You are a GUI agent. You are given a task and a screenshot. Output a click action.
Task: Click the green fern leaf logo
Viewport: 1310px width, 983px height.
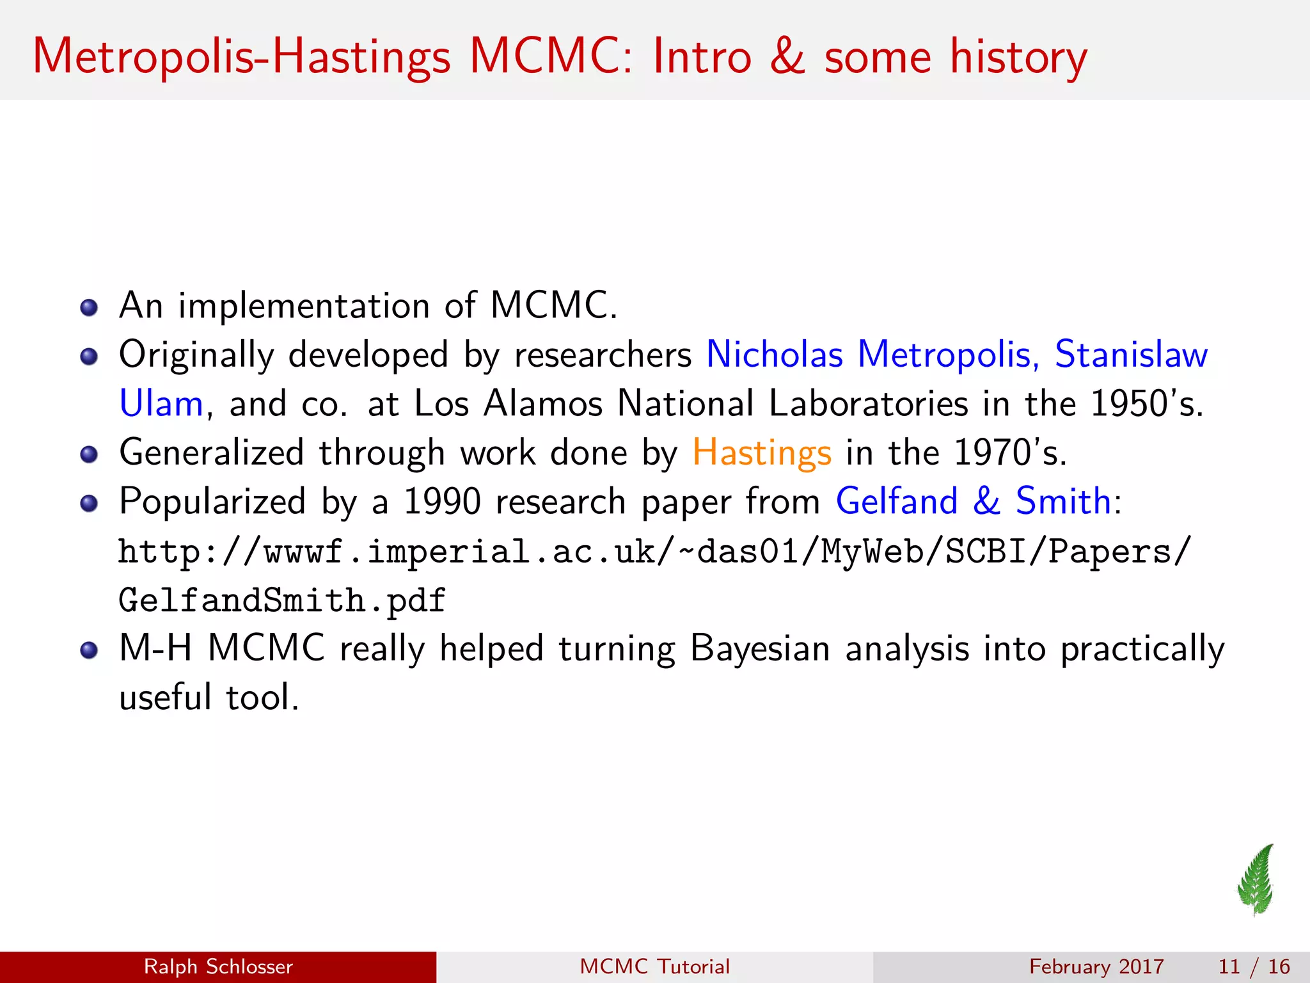[1256, 881]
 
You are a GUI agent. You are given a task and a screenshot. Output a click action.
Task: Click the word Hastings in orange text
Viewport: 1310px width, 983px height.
[762, 453]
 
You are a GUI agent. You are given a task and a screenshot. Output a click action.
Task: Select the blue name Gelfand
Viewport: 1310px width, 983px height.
[897, 501]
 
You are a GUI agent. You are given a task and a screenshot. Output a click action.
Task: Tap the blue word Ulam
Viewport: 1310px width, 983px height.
[161, 404]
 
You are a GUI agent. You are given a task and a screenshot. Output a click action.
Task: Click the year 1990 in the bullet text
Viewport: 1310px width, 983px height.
[442, 501]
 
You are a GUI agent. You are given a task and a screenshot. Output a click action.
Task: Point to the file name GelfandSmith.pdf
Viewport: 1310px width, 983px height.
[282, 601]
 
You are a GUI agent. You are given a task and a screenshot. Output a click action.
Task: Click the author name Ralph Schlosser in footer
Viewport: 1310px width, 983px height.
[218, 966]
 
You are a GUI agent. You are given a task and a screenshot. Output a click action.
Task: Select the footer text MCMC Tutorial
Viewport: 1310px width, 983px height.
[654, 966]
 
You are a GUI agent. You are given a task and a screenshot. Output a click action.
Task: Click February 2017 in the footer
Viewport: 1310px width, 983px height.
[1096, 966]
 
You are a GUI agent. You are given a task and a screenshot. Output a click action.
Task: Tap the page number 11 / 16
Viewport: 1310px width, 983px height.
[1254, 966]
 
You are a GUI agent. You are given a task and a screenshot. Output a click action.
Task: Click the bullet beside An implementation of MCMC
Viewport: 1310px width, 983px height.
[89, 308]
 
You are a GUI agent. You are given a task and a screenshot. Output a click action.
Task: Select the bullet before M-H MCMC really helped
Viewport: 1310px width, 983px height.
[89, 651]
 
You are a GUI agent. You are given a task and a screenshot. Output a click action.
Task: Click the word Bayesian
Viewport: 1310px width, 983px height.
[760, 649]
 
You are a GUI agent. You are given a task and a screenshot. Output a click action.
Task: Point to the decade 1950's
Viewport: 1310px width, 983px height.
[1146, 404]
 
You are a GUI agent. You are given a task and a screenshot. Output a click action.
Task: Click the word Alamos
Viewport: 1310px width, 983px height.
[543, 404]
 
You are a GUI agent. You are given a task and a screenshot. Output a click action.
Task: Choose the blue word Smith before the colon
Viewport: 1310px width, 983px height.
[1063, 501]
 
